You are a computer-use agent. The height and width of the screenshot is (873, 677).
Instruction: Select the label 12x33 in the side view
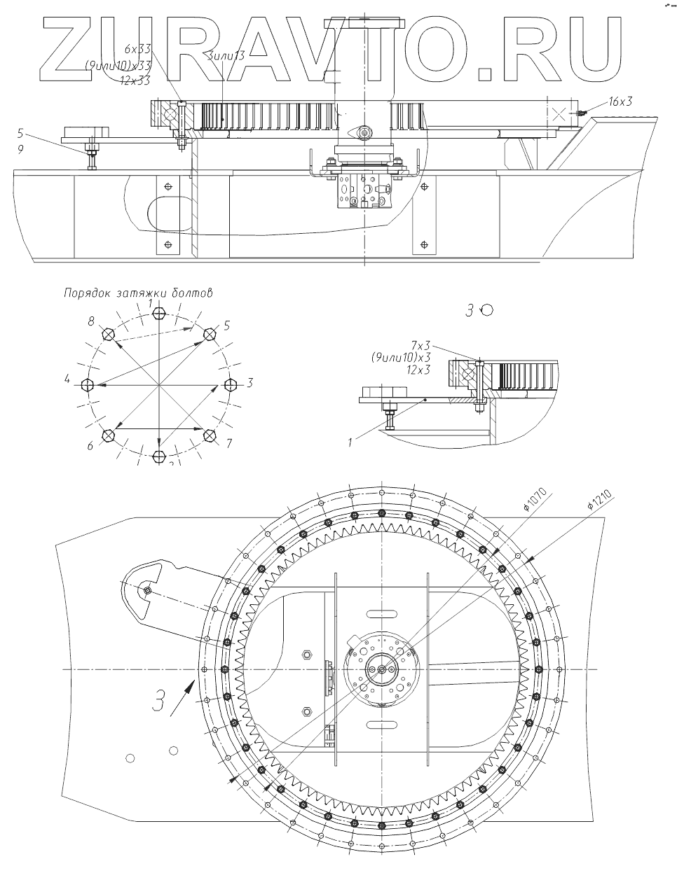[135, 81]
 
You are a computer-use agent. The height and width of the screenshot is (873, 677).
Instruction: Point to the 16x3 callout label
[620, 102]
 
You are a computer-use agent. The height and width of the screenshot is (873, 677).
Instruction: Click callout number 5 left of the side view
[20, 133]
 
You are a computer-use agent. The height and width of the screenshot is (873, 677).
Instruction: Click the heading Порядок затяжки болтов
[137, 293]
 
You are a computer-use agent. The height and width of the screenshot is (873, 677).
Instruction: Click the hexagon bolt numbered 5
[209, 335]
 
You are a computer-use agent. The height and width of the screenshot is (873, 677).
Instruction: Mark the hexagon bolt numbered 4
[88, 384]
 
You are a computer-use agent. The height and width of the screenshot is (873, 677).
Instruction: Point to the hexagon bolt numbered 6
[108, 435]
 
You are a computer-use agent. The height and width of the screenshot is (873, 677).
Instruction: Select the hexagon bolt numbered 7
[209, 435]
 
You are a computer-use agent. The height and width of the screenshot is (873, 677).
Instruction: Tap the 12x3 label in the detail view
[420, 368]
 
